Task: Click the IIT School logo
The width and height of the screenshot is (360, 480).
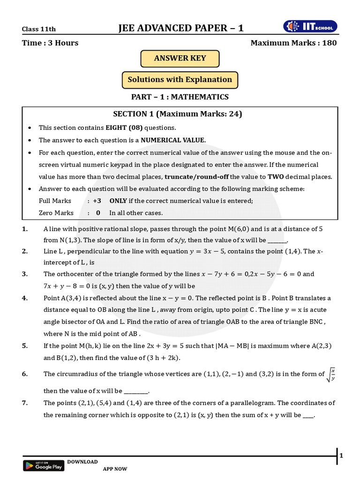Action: click(x=310, y=27)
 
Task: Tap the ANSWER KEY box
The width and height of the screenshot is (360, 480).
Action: click(x=180, y=59)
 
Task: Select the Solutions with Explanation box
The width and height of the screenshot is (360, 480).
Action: click(x=180, y=80)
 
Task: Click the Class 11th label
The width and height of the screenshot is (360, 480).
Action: click(x=39, y=29)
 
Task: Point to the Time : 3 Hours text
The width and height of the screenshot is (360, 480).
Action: click(x=50, y=43)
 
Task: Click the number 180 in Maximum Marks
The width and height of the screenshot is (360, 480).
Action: click(x=329, y=43)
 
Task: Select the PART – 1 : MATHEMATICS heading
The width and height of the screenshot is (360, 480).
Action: click(x=180, y=97)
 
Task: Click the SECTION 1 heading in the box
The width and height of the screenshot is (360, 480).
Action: click(x=178, y=114)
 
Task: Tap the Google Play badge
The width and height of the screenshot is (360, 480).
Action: click(x=44, y=465)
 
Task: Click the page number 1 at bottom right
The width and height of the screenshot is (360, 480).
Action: click(x=341, y=455)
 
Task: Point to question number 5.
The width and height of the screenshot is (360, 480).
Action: click(x=25, y=346)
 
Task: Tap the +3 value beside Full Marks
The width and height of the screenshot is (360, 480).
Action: click(x=97, y=201)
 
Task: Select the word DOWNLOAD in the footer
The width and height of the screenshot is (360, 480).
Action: click(x=82, y=462)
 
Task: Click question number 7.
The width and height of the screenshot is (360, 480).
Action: click(x=25, y=403)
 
